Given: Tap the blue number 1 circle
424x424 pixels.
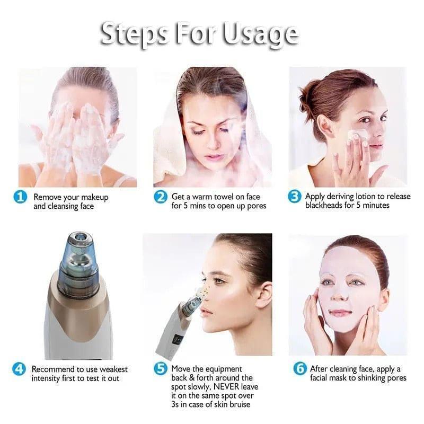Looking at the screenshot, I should point(20,197).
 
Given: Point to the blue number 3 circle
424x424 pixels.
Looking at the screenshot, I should point(295,197).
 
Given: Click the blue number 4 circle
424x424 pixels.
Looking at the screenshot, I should point(19,369).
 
